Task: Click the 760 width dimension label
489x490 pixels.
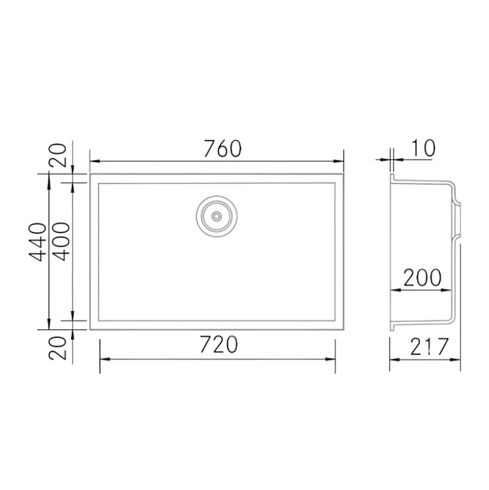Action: [223, 148]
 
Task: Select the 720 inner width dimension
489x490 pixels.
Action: [218, 345]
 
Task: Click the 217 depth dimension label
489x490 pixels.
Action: [429, 347]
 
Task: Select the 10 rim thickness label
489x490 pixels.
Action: [422, 148]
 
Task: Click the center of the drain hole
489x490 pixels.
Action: [217, 216]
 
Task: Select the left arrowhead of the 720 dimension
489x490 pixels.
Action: [104, 359]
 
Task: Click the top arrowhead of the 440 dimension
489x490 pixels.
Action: [48, 178]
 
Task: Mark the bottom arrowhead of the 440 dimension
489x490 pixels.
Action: [48, 325]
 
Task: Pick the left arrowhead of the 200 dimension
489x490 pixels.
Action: [395, 290]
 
